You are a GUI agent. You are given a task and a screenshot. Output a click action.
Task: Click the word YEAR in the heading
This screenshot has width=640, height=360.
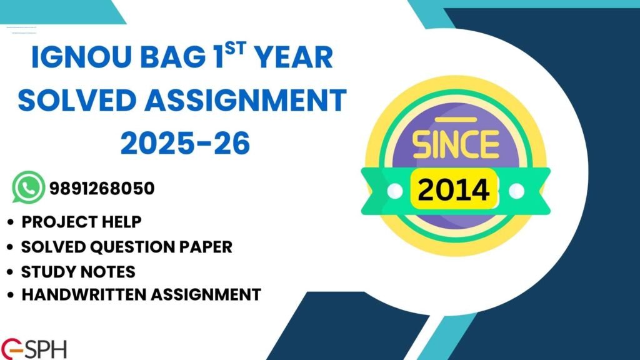292,58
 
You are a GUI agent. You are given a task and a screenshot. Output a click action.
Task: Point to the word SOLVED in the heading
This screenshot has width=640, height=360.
81,101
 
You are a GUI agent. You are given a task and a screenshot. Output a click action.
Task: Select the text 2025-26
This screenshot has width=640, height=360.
185,143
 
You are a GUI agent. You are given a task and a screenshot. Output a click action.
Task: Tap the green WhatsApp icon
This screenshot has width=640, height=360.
28,187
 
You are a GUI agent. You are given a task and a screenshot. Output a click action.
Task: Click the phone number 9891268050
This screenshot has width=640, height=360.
101,187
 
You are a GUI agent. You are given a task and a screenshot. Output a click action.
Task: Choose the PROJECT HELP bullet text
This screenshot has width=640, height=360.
81,222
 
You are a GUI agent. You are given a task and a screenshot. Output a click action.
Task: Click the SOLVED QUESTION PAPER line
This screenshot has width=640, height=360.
126,246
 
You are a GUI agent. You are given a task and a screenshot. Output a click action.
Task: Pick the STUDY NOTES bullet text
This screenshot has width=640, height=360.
78,271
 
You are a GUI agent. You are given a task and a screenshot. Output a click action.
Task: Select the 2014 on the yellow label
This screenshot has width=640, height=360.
455,189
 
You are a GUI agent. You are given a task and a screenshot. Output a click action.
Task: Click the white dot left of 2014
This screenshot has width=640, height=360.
394,189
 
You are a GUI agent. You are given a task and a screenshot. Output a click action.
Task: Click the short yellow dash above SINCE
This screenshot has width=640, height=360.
455,119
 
